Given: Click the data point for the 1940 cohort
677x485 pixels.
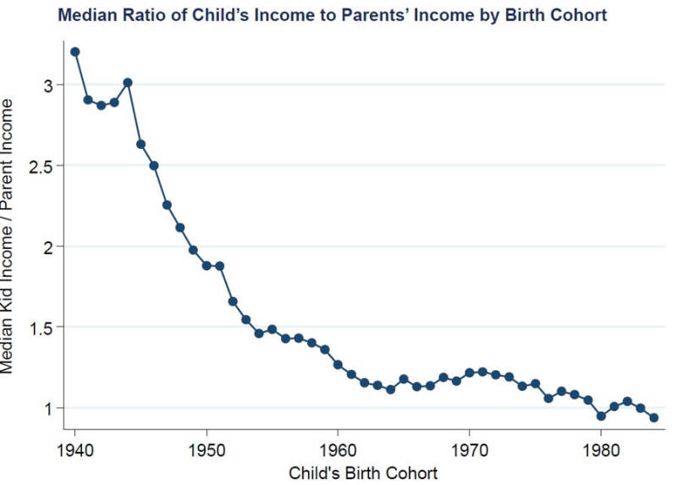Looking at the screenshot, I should coord(74,52).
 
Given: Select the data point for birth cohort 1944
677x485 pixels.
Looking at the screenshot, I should coord(128,82).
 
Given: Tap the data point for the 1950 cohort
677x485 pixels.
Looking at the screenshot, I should coord(206,265).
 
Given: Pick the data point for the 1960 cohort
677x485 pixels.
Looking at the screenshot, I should coord(338,365).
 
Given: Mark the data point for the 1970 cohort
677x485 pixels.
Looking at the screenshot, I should coord(470,372).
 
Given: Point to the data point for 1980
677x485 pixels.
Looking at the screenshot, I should coord(601,416).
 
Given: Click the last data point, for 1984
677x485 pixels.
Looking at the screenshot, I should coord(653,417).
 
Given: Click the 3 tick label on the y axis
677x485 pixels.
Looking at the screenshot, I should coord(49,85).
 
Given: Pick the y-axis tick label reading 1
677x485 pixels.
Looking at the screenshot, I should coord(49,408).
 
